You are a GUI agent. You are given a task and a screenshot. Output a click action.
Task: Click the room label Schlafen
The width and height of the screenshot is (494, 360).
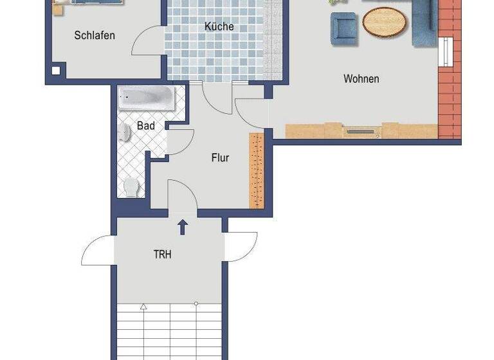point(95,35)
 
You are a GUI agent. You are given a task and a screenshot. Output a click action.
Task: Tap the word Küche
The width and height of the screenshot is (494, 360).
point(219,26)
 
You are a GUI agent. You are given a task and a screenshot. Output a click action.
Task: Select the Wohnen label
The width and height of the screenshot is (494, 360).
point(361,79)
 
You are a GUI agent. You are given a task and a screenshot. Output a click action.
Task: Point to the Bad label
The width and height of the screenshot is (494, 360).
point(146,126)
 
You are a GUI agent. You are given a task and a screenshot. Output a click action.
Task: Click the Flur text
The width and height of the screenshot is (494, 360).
point(220,157)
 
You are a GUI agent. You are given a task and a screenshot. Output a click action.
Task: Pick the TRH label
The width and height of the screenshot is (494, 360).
point(162,255)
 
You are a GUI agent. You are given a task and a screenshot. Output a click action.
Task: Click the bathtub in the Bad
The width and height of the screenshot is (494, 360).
point(147,98)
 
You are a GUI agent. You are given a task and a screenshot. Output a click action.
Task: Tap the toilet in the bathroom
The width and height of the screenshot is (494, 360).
point(131,187)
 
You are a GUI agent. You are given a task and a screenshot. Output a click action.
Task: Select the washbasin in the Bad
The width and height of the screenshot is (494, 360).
point(124,132)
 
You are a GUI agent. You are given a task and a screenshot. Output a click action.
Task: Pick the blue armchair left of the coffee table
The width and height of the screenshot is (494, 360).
point(343,29)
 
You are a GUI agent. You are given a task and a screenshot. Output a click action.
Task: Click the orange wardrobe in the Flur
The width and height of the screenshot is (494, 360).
point(257,170)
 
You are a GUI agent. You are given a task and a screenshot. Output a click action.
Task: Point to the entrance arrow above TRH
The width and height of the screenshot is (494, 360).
point(183,227)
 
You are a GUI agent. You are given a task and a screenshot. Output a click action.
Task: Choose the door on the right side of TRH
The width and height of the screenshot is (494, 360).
point(242,246)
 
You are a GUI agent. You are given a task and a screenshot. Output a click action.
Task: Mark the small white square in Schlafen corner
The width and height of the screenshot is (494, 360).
point(57,71)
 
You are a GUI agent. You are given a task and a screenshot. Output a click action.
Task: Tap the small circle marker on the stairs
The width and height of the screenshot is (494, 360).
point(196,303)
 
